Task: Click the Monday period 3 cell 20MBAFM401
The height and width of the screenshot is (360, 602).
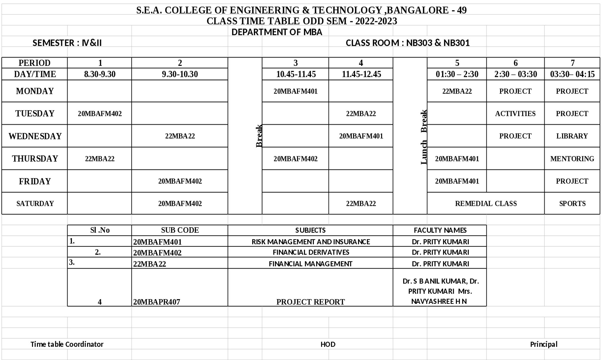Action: click(x=295, y=91)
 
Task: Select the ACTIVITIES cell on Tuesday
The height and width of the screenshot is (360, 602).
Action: click(x=515, y=113)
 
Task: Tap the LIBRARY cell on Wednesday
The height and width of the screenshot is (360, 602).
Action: click(x=572, y=136)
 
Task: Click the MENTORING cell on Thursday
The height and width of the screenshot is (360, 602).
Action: click(x=572, y=159)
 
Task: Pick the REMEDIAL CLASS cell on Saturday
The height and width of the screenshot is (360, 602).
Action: click(x=486, y=203)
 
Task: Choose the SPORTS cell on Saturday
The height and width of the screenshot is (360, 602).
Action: click(x=572, y=203)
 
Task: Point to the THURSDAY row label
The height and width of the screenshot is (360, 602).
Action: click(x=35, y=159)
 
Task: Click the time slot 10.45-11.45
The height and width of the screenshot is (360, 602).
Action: click(x=296, y=74)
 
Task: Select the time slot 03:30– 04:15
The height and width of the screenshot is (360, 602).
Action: click(x=572, y=74)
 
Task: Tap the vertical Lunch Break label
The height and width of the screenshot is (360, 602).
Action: click(x=424, y=137)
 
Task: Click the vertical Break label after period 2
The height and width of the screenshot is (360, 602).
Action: click(x=259, y=136)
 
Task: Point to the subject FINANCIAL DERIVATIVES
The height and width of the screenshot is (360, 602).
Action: click(x=311, y=252)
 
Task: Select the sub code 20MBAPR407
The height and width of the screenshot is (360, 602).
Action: click(x=157, y=302)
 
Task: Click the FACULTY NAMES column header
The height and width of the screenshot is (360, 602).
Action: click(x=440, y=230)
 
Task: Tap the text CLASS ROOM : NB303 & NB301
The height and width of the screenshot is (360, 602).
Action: click(x=407, y=43)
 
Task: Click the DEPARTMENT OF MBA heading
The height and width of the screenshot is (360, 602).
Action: click(x=277, y=32)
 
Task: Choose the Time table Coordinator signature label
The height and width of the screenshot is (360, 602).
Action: click(x=67, y=344)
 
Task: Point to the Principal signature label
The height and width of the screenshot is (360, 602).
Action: click(x=543, y=344)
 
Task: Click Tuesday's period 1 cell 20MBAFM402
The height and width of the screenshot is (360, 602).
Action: click(x=100, y=113)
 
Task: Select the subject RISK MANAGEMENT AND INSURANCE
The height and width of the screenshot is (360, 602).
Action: click(x=311, y=242)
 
